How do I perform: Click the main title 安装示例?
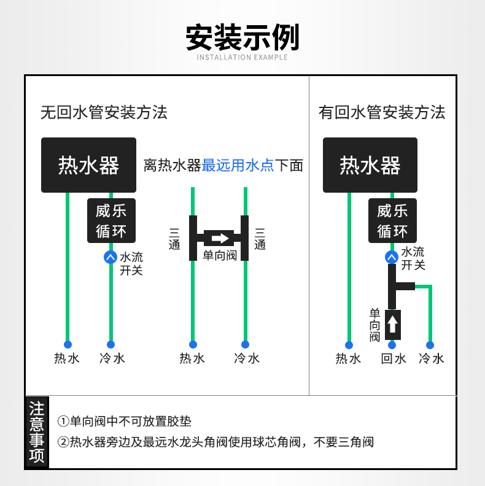(x=242, y=37)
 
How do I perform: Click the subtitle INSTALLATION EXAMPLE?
(x=242, y=58)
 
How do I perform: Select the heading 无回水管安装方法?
(x=104, y=112)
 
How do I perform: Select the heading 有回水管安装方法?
(x=382, y=112)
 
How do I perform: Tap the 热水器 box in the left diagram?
(x=88, y=165)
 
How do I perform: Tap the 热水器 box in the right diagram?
(x=370, y=165)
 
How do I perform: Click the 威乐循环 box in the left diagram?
(x=111, y=221)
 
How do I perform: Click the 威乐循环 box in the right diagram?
(x=393, y=221)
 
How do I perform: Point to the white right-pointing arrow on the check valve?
(x=220, y=238)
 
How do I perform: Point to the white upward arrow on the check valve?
(x=393, y=323)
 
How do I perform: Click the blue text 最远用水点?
(x=238, y=165)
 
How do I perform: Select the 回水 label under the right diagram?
(x=394, y=358)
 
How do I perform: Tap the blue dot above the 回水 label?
(x=392, y=345)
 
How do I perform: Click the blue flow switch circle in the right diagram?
(x=392, y=257)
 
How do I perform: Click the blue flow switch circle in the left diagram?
(x=111, y=257)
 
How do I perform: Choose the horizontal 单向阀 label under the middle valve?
(x=220, y=255)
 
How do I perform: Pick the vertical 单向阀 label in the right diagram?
(x=374, y=325)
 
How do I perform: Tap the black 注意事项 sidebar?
(x=37, y=432)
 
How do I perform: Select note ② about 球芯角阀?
(x=215, y=442)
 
